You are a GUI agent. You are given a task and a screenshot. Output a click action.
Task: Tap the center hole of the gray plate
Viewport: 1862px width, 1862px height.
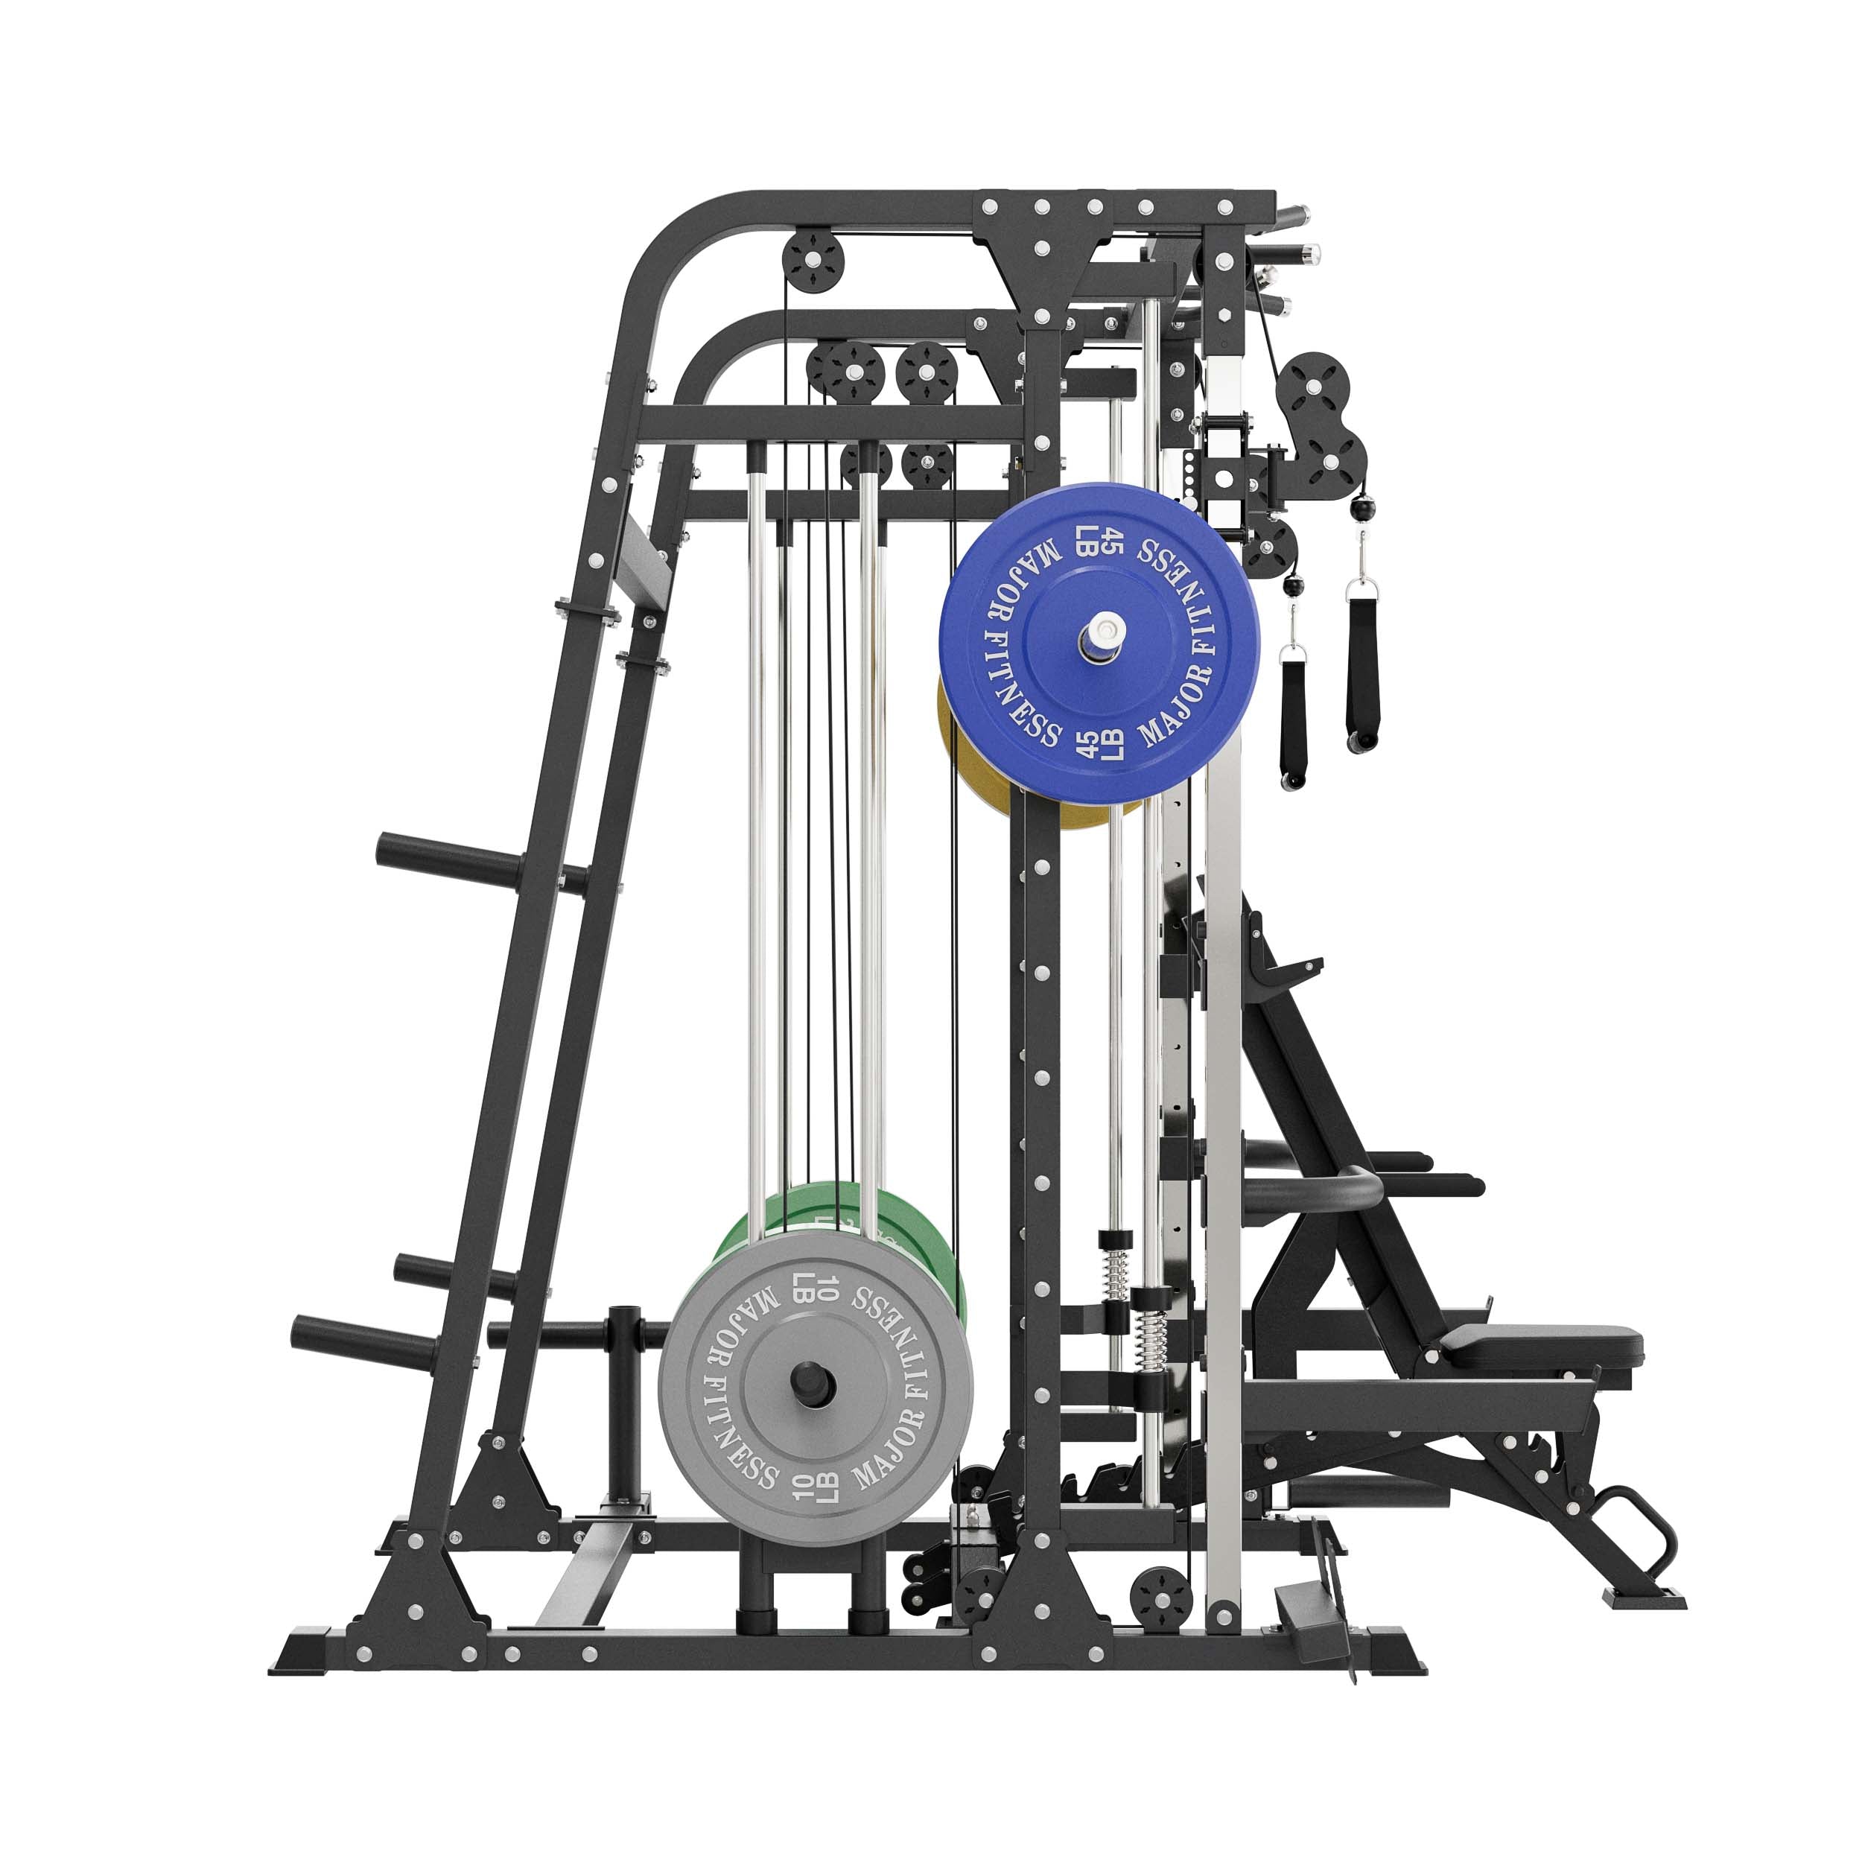pyautogui.click(x=813, y=1383)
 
